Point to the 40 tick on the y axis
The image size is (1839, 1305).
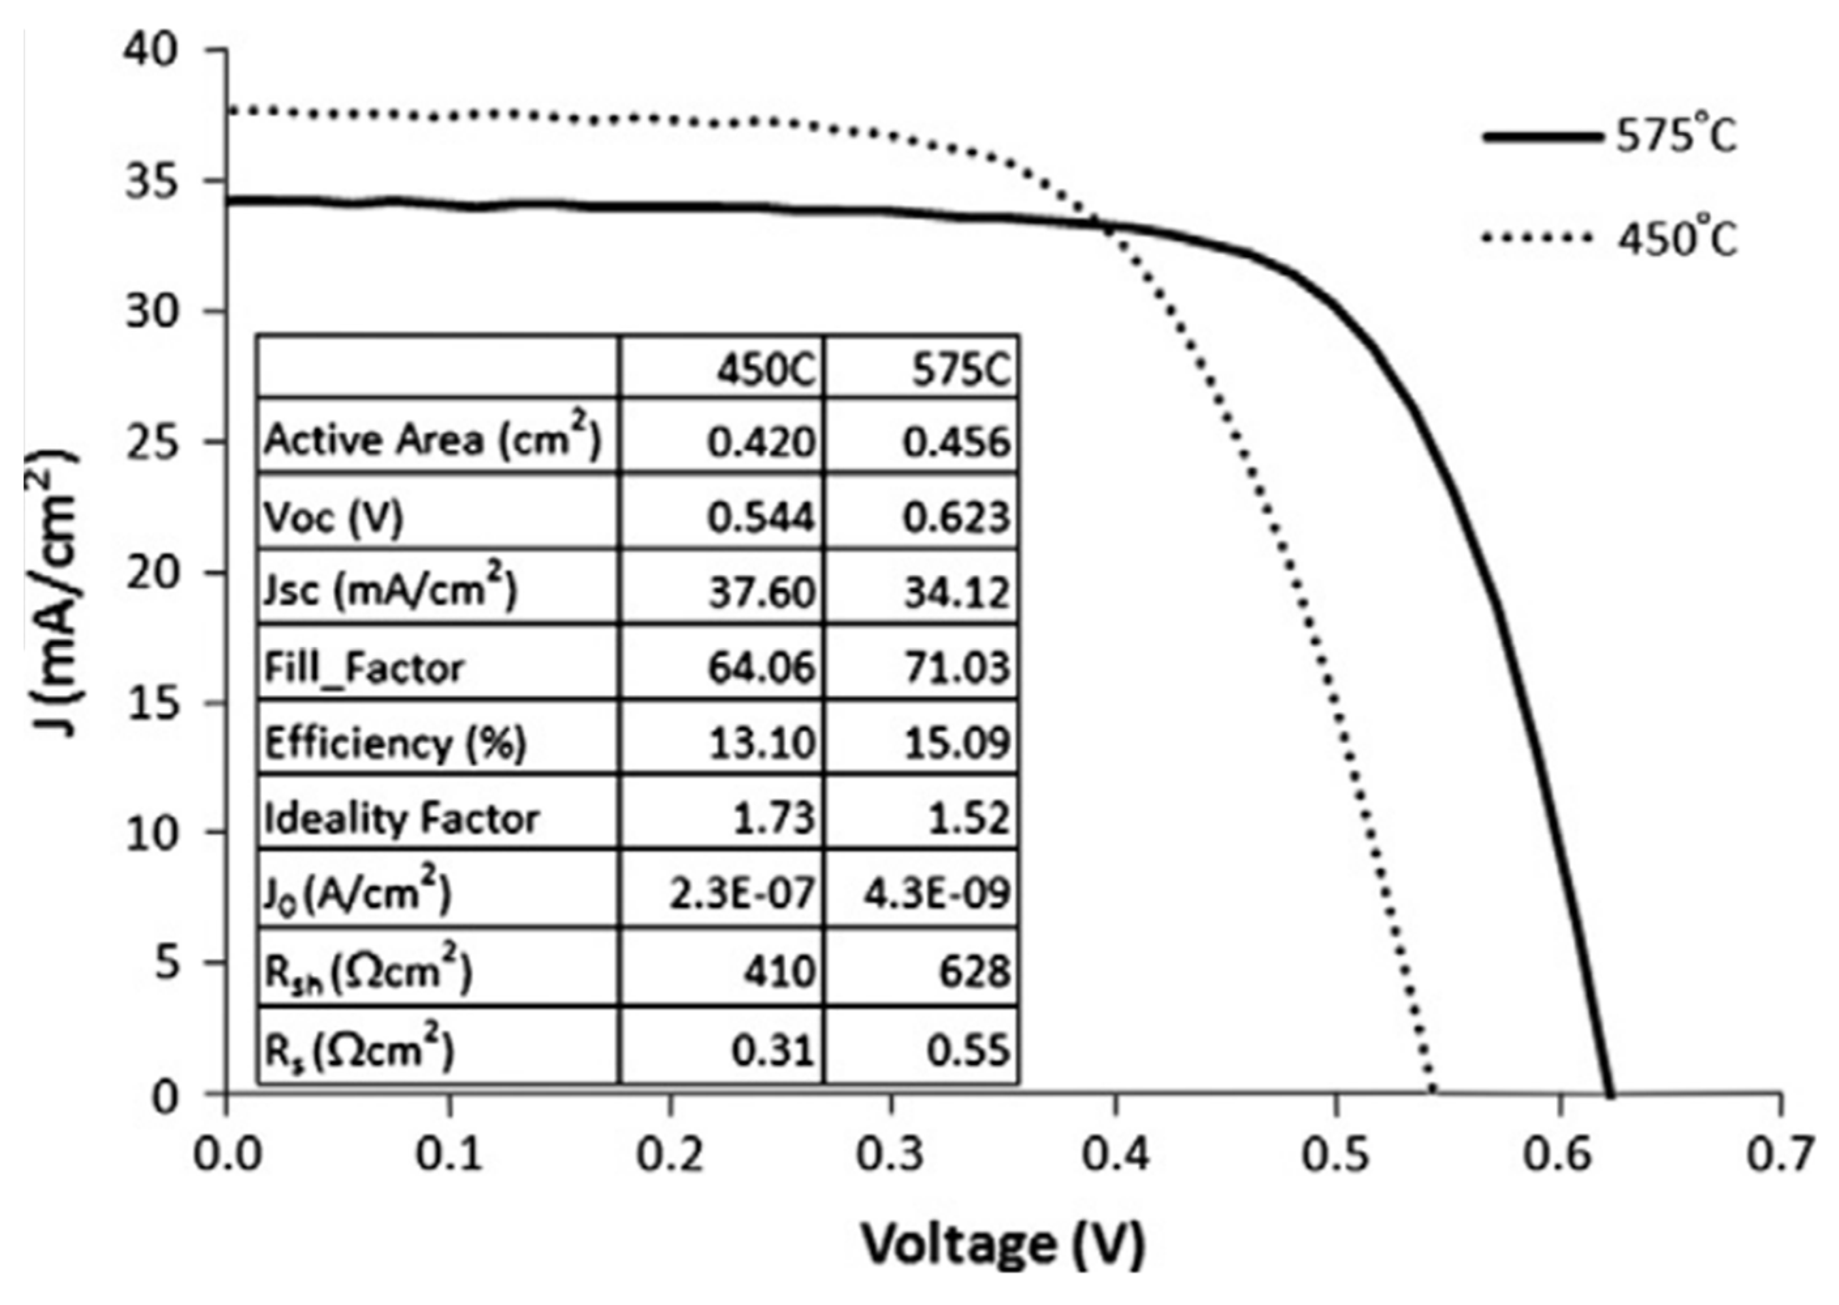pyautogui.click(x=149, y=50)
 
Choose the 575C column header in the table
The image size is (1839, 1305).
pyautogui.click(x=960, y=371)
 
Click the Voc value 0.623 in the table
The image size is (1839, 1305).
pyautogui.click(x=955, y=518)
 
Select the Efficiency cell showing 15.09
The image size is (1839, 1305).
pyautogui.click(x=955, y=743)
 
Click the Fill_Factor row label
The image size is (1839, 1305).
pyautogui.click(x=364, y=668)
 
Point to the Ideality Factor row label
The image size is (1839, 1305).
pyautogui.click(x=402, y=819)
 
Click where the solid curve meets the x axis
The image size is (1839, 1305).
pyautogui.click(x=1608, y=1093)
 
